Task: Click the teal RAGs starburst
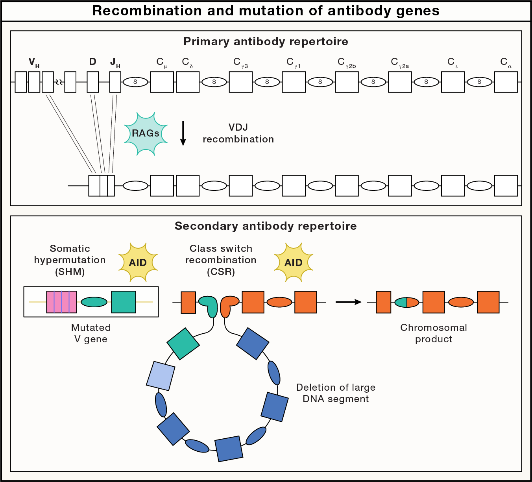146,134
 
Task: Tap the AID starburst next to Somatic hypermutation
138,262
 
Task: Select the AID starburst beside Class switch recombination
293,262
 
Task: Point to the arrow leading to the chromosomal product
348,302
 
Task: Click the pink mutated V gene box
61,302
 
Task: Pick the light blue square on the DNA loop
161,376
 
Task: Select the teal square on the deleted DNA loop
183,343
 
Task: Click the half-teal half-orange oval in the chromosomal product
406,302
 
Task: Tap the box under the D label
93,82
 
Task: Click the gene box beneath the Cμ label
162,82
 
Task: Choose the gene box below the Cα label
506,82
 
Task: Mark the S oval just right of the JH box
135,82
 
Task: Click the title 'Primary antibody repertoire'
266,42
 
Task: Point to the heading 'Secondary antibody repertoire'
266,226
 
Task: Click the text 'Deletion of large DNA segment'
336,393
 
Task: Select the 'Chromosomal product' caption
434,333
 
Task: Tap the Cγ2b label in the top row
346,63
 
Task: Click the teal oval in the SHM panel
94,302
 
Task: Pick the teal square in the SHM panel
124,302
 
